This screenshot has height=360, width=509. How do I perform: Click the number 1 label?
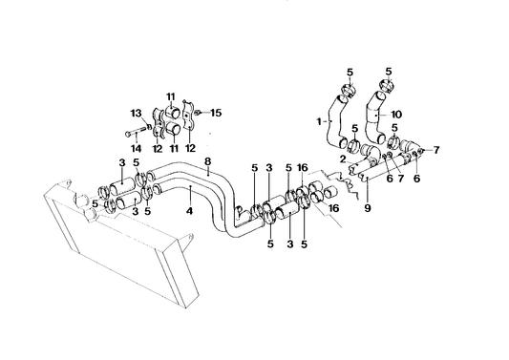click(319, 121)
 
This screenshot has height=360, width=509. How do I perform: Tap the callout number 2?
click(343, 159)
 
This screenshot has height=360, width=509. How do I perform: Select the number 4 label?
click(190, 211)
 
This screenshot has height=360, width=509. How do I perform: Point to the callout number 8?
click(208, 161)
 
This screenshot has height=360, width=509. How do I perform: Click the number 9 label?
click(367, 208)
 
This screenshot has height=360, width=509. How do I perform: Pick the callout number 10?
click(396, 115)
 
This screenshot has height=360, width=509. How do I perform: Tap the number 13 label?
click(137, 114)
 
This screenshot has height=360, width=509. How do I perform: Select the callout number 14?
click(137, 148)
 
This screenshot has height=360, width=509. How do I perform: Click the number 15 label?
click(216, 113)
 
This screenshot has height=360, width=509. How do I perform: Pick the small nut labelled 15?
click(198, 113)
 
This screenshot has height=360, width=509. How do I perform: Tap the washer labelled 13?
click(149, 127)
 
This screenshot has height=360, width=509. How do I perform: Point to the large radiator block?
click(121, 246)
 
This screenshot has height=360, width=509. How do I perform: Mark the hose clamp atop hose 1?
click(349, 90)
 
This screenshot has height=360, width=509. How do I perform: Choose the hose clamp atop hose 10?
click(387, 86)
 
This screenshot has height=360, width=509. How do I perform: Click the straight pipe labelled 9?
click(387, 166)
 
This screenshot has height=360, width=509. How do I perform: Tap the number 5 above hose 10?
click(389, 71)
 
